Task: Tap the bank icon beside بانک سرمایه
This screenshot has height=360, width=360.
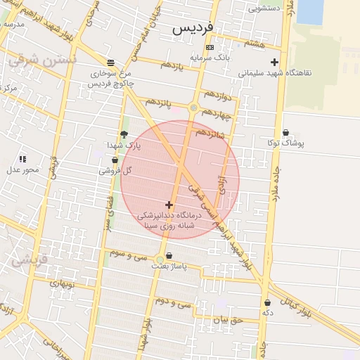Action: [210, 47]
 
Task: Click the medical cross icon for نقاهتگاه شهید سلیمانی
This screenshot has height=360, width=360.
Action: [274, 62]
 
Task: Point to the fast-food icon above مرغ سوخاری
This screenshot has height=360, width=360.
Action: [109, 62]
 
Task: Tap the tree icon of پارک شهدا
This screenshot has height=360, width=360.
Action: [124, 134]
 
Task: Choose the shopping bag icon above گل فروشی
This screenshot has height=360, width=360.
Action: [115, 160]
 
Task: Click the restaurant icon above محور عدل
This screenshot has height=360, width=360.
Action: [22, 160]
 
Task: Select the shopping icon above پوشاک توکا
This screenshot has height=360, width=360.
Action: [285, 132]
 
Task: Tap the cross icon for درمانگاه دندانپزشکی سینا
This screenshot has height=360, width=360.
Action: [169, 205]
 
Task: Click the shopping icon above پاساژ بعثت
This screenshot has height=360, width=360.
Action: [168, 255]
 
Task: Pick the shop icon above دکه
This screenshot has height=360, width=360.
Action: [267, 302]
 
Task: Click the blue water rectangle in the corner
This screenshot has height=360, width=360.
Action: [310, 12]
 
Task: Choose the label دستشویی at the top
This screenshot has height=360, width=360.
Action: [264, 9]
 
